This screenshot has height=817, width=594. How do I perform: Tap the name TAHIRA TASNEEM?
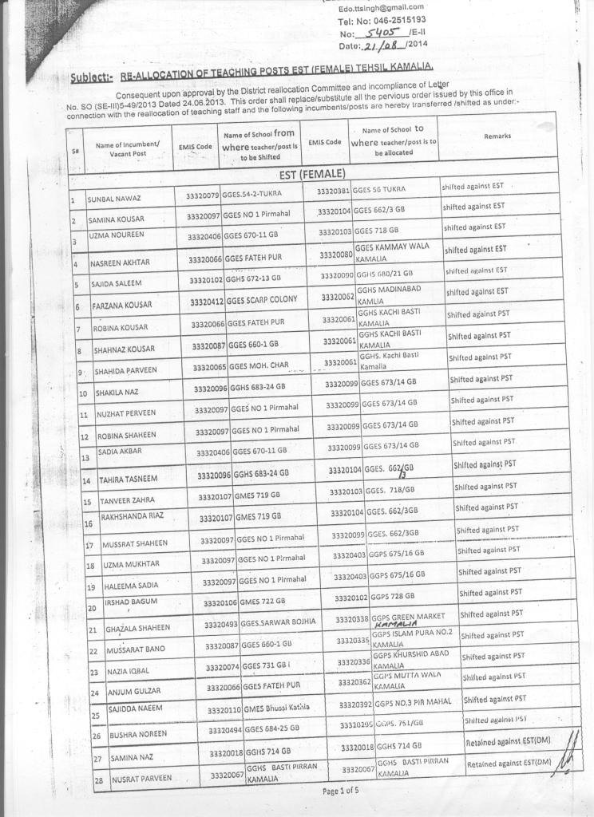(x=133, y=480)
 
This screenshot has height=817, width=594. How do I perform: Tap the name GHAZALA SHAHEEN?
(x=138, y=630)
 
